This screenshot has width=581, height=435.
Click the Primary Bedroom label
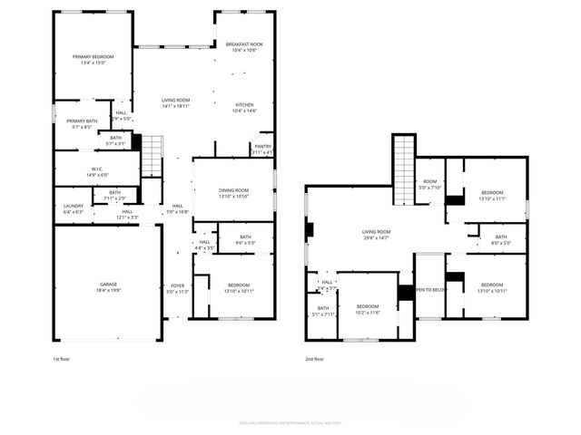click(x=94, y=60)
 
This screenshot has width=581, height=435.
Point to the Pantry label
click(x=262, y=149)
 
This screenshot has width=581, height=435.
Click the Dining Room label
click(x=234, y=193)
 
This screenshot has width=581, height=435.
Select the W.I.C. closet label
click(x=96, y=172)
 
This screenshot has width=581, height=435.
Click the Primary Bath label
click(x=81, y=124)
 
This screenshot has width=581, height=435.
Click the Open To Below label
click(x=429, y=290)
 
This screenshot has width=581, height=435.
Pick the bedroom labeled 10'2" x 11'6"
click(x=367, y=309)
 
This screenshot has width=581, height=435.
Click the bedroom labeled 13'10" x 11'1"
click(x=493, y=196)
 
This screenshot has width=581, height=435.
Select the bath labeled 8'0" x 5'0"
click(x=501, y=240)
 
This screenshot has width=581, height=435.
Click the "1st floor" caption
click(x=63, y=359)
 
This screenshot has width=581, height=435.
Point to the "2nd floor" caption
click(x=315, y=359)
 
